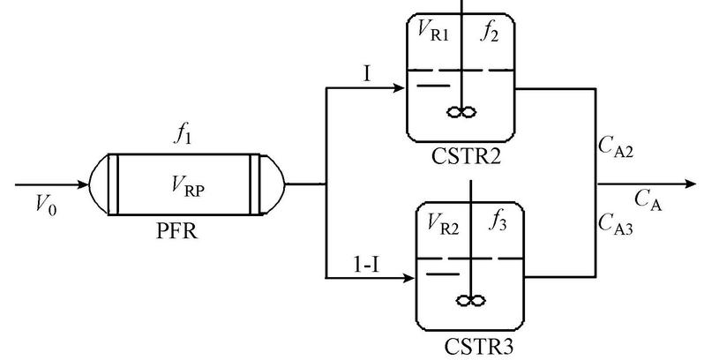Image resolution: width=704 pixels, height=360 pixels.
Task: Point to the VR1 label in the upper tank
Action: (x=434, y=34)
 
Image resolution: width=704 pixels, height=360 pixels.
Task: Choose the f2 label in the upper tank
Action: (x=490, y=34)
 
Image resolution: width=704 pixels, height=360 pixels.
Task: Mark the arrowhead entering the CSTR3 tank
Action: (x=408, y=280)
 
